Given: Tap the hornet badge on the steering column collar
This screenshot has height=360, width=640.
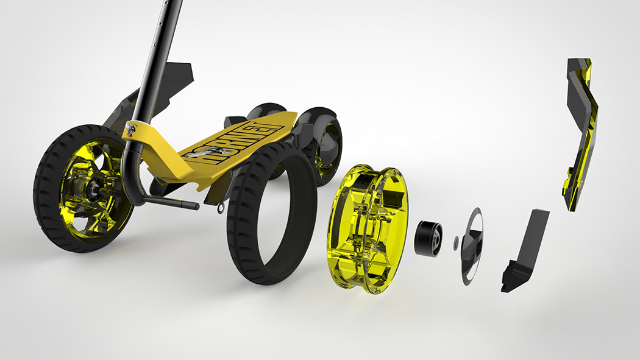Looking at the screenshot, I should (x=132, y=129).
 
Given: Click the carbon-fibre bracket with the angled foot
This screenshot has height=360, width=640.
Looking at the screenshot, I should (x=524, y=250).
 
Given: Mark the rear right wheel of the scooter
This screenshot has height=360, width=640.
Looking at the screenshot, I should (x=323, y=140).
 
